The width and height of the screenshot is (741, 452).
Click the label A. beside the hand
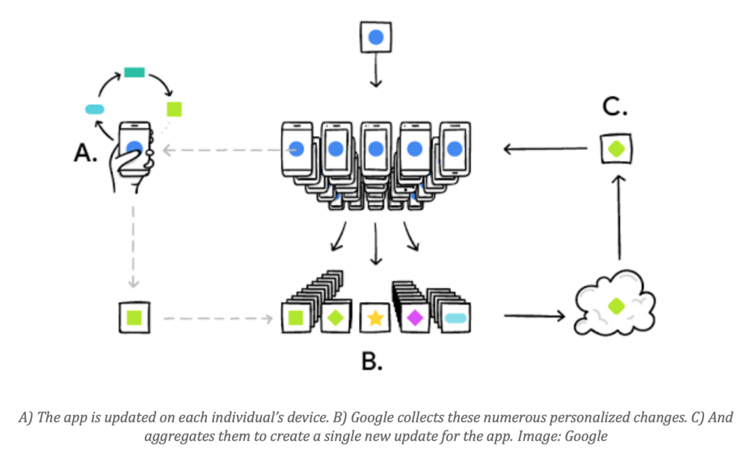pos(85,154)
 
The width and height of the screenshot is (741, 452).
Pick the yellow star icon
pos(375,317)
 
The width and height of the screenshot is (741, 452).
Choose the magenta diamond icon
pos(415,317)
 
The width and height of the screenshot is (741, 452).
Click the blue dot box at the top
pos(375,37)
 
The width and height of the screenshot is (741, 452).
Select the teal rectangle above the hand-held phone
pos(135,72)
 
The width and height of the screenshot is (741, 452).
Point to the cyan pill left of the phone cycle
pos(96,109)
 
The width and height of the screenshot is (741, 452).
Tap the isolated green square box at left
pos(134,317)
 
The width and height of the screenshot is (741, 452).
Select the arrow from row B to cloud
pos(533,316)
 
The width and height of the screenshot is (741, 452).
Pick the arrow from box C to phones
pos(544,149)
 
